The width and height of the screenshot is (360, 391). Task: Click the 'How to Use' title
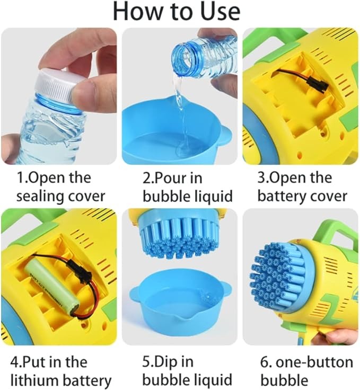(x=177, y=12)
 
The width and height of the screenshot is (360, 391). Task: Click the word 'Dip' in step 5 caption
(x=168, y=362)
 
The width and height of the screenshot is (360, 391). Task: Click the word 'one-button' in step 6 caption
(x=313, y=362)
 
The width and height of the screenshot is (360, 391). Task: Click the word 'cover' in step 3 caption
(x=328, y=196)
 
